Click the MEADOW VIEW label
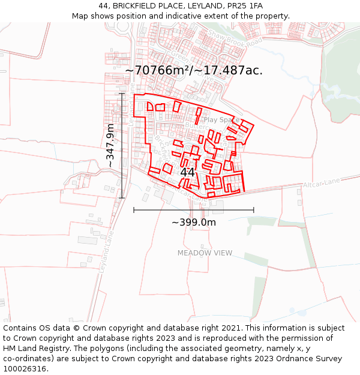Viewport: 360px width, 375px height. pyautogui.click(x=205, y=253)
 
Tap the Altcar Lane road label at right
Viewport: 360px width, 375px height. pyautogui.click(x=322, y=183)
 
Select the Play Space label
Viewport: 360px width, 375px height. pyautogui.click(x=221, y=120)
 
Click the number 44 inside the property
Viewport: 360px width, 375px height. pyautogui.click(x=187, y=172)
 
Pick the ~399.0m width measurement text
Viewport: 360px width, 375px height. pyautogui.click(x=194, y=223)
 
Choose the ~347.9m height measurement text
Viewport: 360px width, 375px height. pyautogui.click(x=110, y=146)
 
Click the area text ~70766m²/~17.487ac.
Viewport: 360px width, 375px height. pyautogui.click(x=194, y=70)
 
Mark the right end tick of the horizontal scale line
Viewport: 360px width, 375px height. pyautogui.click(x=254, y=210)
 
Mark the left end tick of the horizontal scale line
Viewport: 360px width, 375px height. pyautogui.click(x=134, y=210)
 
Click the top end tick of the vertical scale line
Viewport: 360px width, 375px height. pyautogui.click(x=122, y=94)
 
